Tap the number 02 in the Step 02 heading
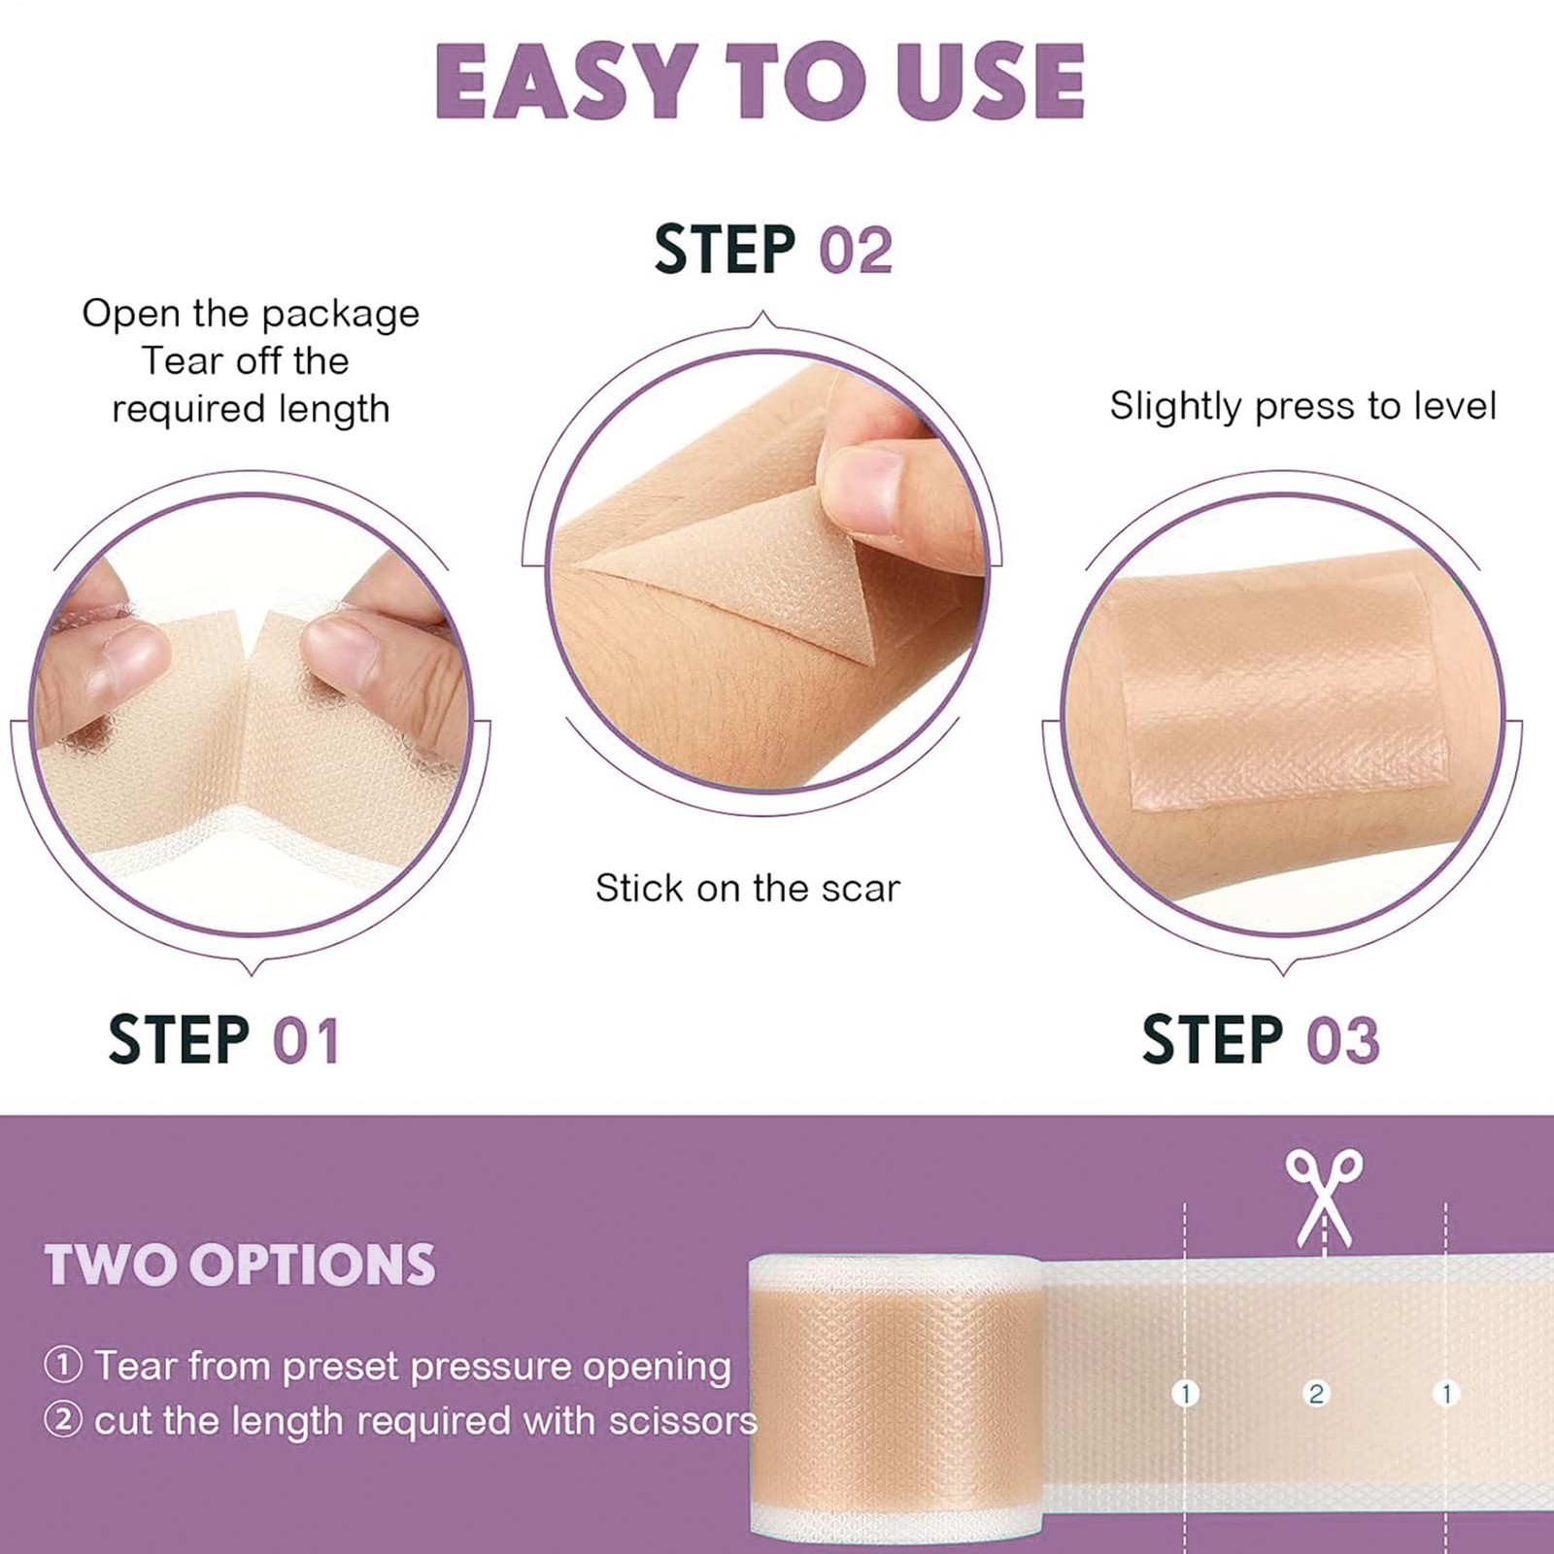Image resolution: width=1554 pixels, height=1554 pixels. click(856, 250)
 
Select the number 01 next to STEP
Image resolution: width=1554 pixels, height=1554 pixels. click(306, 1041)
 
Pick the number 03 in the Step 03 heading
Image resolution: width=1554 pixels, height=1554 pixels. click(1342, 1040)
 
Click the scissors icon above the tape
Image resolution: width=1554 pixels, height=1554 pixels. click(1324, 1199)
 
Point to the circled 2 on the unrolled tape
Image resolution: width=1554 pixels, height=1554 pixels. click(1316, 1394)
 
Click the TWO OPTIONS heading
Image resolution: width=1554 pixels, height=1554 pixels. click(240, 1265)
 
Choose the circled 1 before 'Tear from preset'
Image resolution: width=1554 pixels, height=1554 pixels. click(63, 1366)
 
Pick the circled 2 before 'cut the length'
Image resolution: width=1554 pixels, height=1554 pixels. click(63, 1420)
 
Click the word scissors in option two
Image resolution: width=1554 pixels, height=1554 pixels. click(683, 1421)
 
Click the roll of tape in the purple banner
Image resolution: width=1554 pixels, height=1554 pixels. click(895, 1400)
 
